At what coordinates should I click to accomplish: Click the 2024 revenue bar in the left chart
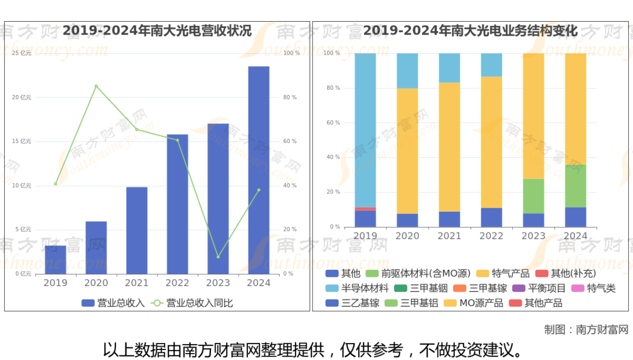258,170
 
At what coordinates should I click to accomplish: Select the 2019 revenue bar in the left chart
56,260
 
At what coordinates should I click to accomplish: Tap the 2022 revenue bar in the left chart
177,204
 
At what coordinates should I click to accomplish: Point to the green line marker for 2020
96,86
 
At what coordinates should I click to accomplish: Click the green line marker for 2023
218,257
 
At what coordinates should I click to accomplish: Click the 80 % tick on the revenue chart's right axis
290,97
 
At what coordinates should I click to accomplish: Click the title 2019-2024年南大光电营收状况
157,30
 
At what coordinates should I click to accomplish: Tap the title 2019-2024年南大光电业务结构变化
471,30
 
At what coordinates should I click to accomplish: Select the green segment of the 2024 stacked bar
576,186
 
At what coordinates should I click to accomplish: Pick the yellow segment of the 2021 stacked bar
450,147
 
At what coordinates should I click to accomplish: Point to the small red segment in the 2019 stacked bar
365,209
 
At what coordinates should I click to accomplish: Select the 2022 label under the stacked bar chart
491,236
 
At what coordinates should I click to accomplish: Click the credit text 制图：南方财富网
586,330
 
